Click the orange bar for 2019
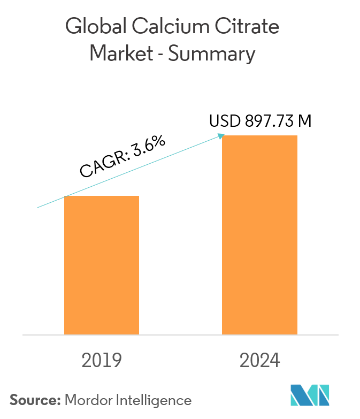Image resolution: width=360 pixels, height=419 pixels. (x=102, y=265)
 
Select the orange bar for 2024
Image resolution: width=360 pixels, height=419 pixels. (x=259, y=235)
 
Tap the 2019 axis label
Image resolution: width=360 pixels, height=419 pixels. (x=102, y=361)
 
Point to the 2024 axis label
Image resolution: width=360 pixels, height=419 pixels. (x=259, y=361)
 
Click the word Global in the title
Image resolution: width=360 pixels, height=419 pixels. (x=93, y=27)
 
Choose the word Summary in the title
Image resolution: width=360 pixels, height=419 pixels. (x=213, y=55)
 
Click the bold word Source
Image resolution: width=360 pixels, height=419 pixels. (x=34, y=400)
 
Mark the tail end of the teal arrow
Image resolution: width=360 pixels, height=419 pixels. (x=37, y=207)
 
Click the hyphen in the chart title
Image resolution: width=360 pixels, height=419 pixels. (x=159, y=55)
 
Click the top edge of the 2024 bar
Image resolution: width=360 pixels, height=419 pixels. (x=259, y=136)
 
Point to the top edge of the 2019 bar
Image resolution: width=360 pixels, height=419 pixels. (x=102, y=196)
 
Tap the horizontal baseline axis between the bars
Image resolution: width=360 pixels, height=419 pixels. (x=181, y=335)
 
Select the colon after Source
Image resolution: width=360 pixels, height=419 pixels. (x=59, y=401)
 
